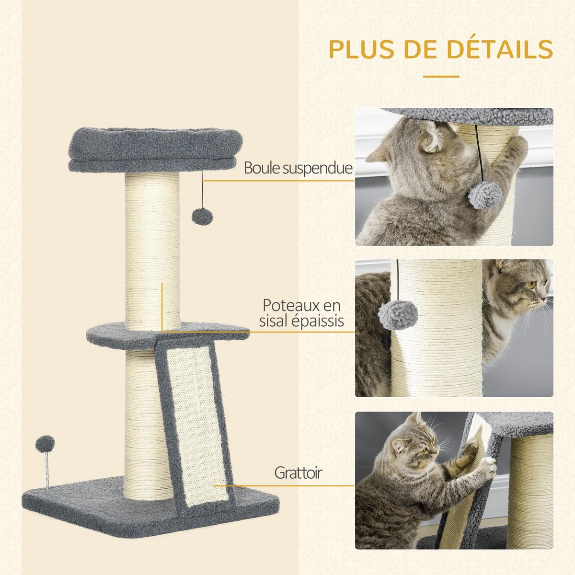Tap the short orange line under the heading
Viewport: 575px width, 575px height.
click(441, 76)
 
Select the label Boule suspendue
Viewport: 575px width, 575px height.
click(298, 168)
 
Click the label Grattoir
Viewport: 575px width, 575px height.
click(298, 473)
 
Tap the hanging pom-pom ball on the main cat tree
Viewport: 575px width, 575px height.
click(202, 216)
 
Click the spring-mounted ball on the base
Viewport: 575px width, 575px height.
click(45, 444)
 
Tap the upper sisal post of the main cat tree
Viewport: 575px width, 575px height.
click(152, 249)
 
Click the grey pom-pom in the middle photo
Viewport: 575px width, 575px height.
click(398, 314)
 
